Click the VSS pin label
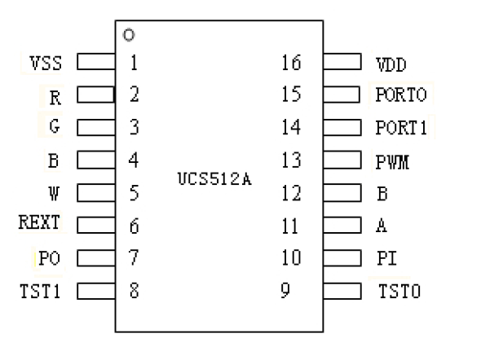[46, 63]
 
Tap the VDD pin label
[391, 64]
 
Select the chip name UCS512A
[214, 179]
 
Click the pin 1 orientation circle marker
[129, 35]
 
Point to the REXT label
[39, 222]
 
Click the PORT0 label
[401, 94]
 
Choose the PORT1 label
[401, 127]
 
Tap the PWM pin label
[393, 162]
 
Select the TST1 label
[40, 291]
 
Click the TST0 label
[399, 291]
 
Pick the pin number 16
[291, 63]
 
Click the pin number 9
[285, 290]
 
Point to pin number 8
[135, 291]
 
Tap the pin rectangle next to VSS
[96, 62]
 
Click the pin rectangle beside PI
[342, 258]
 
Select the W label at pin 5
[54, 193]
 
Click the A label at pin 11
[382, 226]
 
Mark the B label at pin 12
[382, 193]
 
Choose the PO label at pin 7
[50, 258]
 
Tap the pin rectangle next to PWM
[342, 160]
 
